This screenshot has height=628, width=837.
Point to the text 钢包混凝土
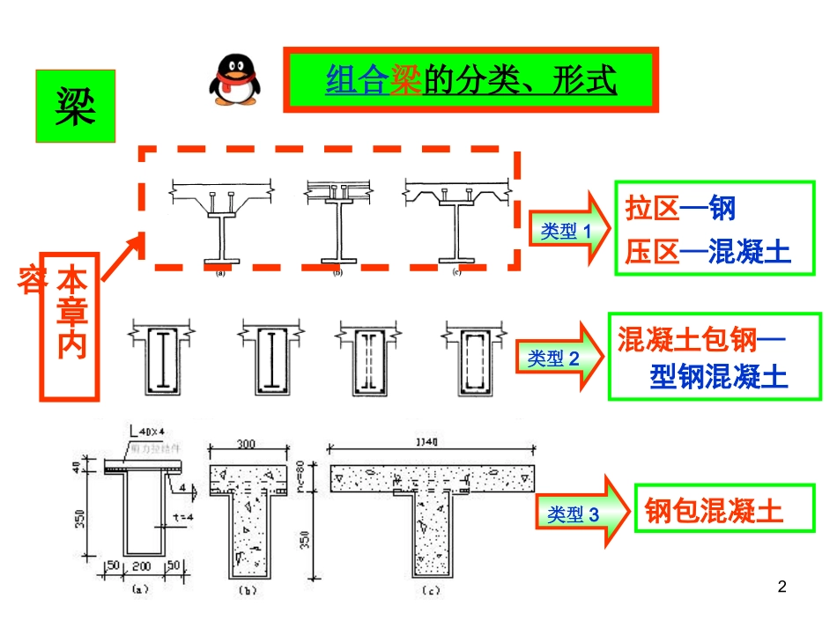tap(714, 511)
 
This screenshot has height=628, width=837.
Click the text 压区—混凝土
tap(708, 253)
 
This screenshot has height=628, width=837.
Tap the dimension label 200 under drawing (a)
tap(140, 565)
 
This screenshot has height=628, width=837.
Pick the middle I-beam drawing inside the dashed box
tap(337, 225)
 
